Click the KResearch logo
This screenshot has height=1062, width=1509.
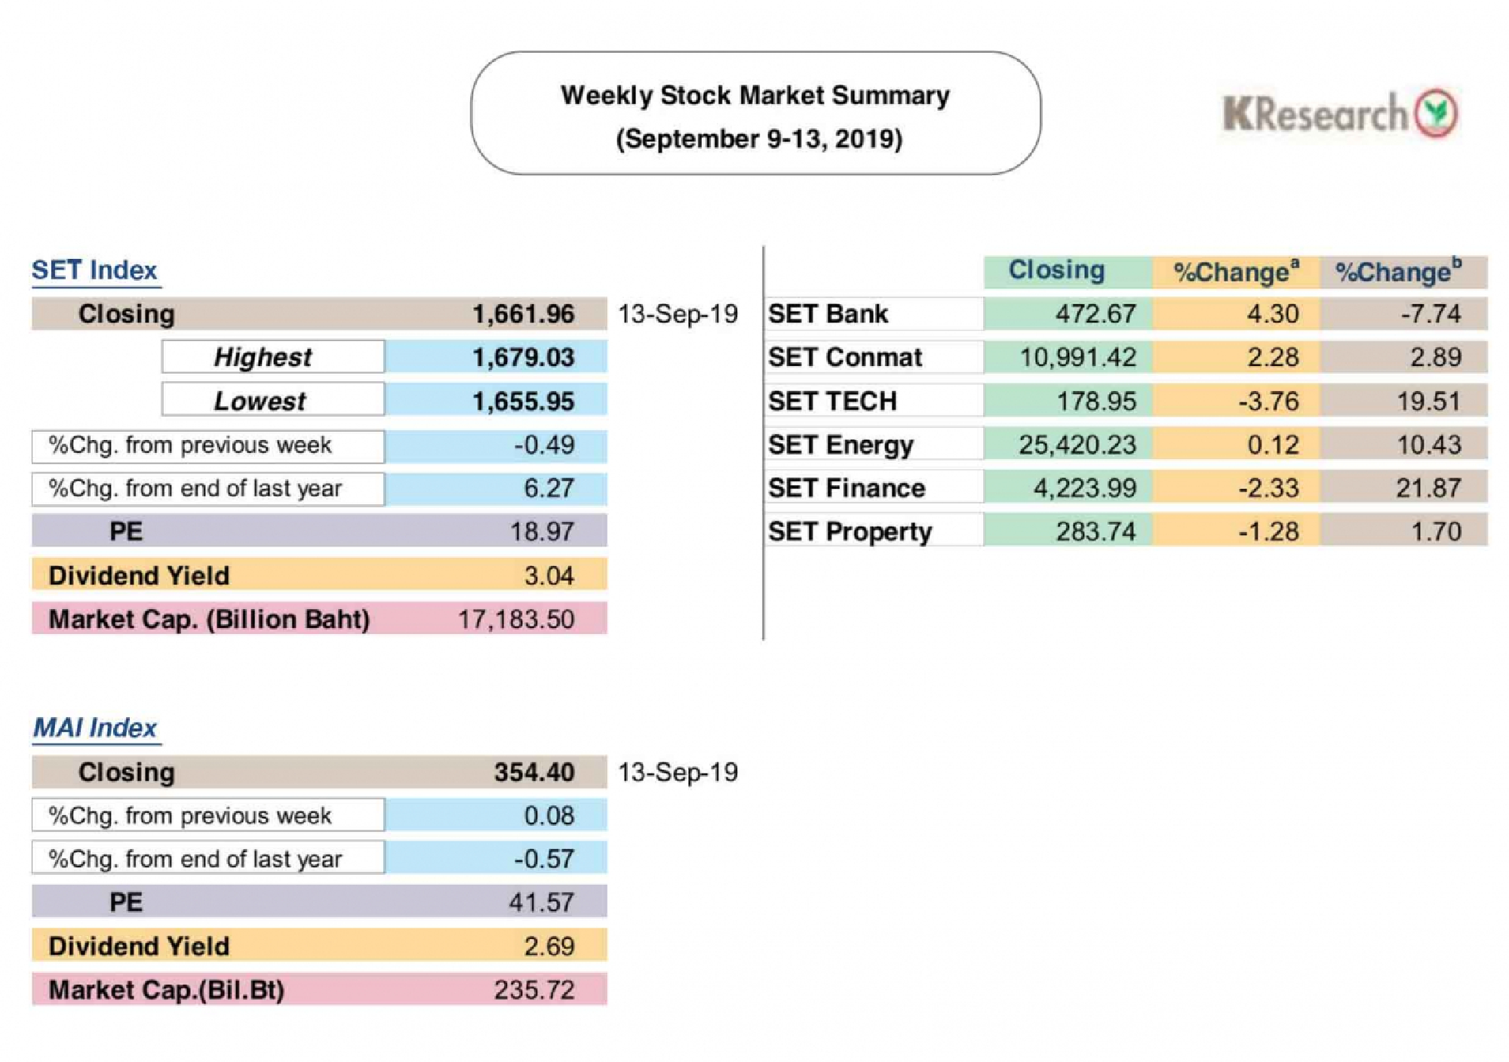(1339, 114)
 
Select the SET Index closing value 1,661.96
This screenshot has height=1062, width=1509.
(523, 314)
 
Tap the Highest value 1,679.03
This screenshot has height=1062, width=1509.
(523, 357)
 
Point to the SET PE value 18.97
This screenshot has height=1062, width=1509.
(542, 531)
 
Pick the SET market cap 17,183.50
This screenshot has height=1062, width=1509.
(516, 619)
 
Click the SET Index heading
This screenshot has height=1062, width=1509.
(94, 270)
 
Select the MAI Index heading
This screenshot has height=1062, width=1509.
(95, 728)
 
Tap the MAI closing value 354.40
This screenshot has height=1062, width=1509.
(533, 772)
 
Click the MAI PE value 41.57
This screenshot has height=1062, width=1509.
(541, 902)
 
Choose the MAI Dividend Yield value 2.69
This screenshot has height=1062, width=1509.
(549, 946)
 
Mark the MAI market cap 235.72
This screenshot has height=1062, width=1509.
(533, 990)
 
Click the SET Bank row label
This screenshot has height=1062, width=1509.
(828, 314)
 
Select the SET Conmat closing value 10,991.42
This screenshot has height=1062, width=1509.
(1077, 357)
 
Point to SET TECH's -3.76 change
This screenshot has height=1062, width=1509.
(1268, 401)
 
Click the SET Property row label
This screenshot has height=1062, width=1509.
(850, 532)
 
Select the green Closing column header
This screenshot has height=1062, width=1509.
(1056, 270)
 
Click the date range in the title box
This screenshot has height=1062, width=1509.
(758, 139)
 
